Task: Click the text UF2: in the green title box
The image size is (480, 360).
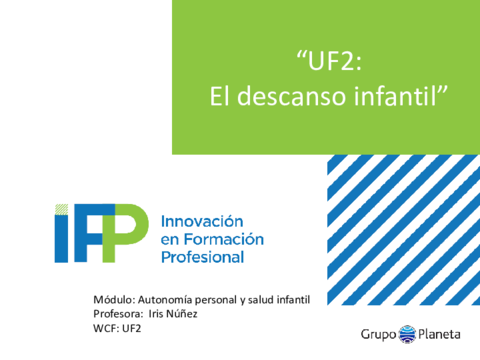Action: point(334,61)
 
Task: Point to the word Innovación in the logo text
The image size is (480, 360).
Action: point(202,221)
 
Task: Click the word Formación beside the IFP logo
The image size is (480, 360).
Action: point(224,239)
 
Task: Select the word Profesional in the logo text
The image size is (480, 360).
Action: point(203,257)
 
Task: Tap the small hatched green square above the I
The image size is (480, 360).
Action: point(61,209)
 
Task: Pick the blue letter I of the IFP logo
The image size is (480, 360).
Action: point(61,239)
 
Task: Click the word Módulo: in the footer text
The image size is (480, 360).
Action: point(114,300)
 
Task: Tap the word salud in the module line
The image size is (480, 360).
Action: point(260,300)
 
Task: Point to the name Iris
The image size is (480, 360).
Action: point(156,314)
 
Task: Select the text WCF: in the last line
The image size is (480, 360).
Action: point(106,328)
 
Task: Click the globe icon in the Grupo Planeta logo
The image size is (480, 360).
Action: point(407,334)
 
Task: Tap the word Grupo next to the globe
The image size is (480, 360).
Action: point(378,334)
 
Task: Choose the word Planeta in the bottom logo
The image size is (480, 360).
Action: point(439,334)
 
